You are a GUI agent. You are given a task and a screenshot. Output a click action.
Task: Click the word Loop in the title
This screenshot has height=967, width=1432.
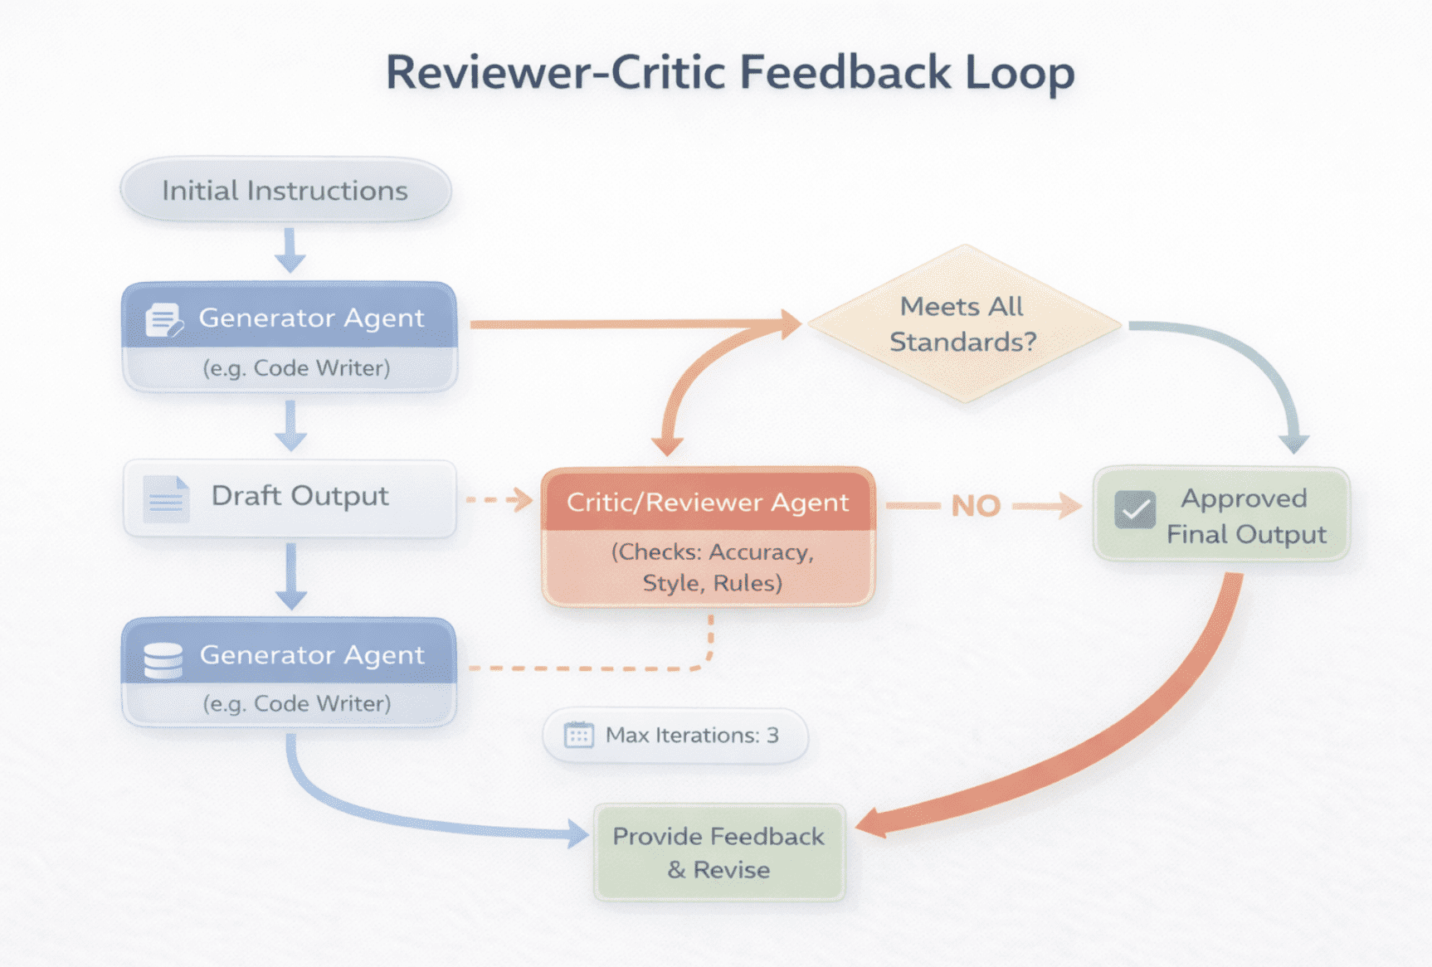coord(1020,74)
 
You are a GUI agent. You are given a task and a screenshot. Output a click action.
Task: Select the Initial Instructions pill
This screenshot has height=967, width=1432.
coord(285,191)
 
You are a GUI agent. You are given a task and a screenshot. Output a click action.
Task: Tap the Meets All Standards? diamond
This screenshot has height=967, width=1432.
coord(963,324)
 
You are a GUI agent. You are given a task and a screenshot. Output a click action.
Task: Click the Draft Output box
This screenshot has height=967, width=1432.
coord(290,498)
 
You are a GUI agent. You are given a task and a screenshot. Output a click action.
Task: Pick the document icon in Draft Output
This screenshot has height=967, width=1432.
coord(166,499)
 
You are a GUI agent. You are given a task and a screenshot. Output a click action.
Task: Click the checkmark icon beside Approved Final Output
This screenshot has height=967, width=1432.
coord(1134,509)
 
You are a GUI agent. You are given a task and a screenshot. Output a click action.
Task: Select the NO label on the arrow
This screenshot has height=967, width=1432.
coord(976,506)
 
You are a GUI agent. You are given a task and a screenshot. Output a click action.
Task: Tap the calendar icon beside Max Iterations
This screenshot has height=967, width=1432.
coord(578,736)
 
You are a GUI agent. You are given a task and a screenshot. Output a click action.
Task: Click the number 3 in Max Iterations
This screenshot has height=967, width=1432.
coord(772,736)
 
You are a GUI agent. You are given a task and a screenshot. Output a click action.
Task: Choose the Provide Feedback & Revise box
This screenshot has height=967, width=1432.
coord(719,853)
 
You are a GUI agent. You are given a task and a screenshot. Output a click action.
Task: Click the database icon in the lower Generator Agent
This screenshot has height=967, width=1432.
coord(163,660)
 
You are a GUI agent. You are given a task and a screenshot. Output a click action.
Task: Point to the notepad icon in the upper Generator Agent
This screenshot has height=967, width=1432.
coord(163,320)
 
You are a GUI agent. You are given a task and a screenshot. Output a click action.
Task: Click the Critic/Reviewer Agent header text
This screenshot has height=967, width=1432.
coord(708,503)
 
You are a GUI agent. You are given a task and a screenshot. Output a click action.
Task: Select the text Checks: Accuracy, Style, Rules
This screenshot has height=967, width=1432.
coord(712,568)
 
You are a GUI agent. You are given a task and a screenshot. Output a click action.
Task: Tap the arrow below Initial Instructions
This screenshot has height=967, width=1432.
coord(290,250)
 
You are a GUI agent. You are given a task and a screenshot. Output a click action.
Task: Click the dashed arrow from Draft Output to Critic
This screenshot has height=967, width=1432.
coord(499,500)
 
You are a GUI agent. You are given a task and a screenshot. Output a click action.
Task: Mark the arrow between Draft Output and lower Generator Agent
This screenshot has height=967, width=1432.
coord(290,576)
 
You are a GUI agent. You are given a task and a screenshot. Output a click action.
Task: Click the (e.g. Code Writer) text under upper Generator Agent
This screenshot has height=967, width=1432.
coord(296,368)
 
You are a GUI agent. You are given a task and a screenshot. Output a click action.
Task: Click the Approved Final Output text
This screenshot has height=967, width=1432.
coord(1245,516)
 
